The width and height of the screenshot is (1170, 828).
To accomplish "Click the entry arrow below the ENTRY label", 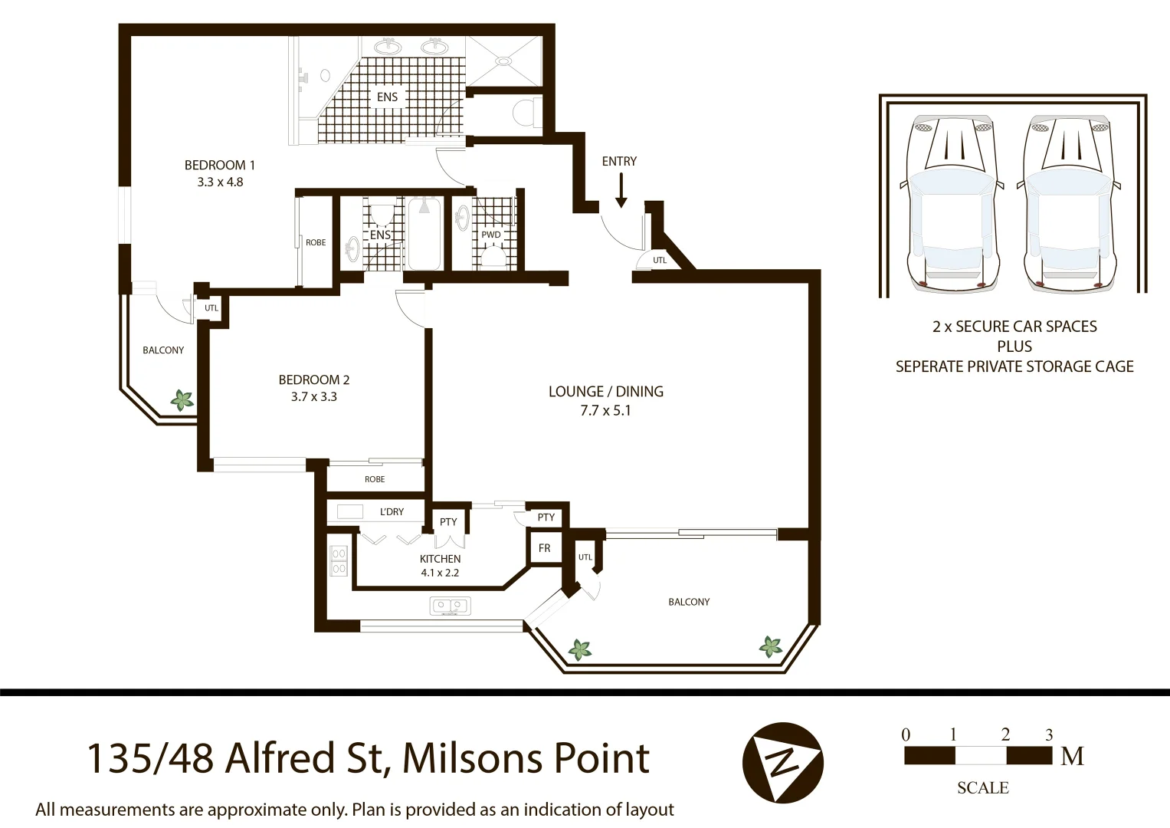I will coord(621,191).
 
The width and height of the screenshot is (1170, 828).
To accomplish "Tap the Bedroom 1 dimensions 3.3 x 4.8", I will coord(220,182).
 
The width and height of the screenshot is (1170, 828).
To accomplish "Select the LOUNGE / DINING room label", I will coord(605,391).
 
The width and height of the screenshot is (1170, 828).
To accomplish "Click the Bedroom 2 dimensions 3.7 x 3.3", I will coord(313,397).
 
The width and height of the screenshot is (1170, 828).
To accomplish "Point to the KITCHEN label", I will coord(440,559).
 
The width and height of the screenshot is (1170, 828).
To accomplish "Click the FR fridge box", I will coord(544,548).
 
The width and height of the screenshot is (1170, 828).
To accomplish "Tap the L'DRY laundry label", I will coord(392,511).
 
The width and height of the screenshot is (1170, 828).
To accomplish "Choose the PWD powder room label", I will coord(490,235).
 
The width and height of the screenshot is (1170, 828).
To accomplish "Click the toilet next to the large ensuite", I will coord(525,112).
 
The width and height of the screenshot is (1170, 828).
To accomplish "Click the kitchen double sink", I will coord(450,607).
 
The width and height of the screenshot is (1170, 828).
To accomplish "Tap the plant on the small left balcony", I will coord(182,400).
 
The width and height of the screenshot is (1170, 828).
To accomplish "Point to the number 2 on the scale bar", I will coord(1005,734).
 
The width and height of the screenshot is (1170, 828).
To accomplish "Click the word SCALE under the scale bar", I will coord(982,788).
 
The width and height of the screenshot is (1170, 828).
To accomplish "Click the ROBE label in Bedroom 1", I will coord(316,242).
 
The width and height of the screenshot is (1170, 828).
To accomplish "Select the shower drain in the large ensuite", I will coord(503,60).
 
